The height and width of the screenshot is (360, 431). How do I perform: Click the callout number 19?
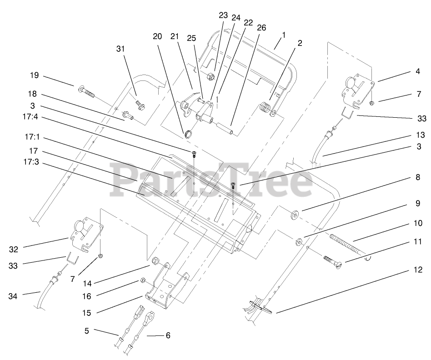coord(35,75)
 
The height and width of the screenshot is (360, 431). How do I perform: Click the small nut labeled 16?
coord(142,281)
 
